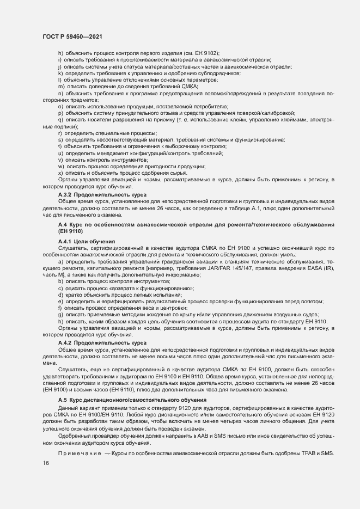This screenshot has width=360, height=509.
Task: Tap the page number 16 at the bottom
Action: (x=45, y=463)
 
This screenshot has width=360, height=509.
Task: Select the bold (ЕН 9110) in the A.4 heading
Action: (x=70, y=231)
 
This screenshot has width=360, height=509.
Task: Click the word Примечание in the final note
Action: (x=80, y=453)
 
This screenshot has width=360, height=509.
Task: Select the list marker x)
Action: (x=60, y=173)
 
